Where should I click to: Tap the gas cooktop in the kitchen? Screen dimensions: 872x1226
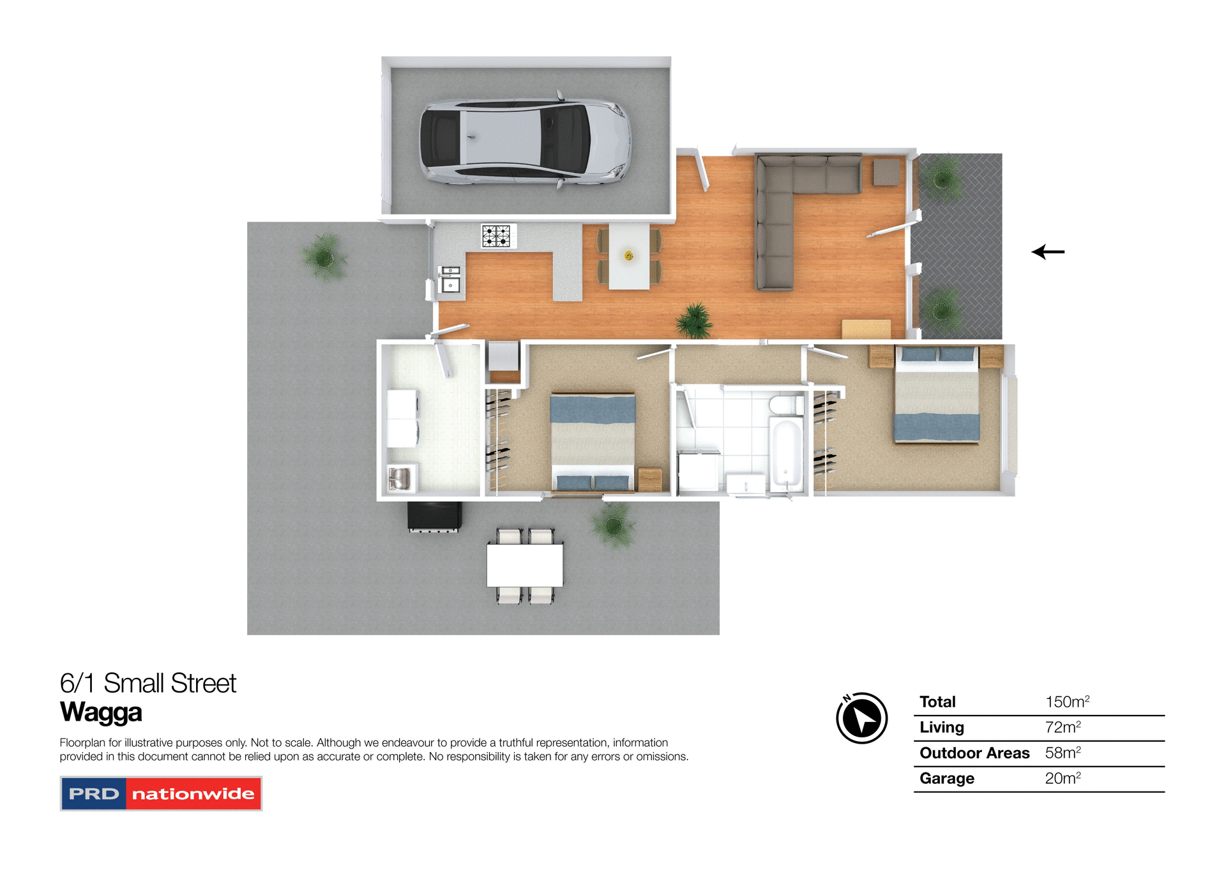click(x=497, y=236)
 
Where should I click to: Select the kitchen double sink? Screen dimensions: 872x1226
click(x=450, y=279)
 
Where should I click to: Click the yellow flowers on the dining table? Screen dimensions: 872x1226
click(x=629, y=256)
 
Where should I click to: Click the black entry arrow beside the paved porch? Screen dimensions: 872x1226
click(x=1048, y=252)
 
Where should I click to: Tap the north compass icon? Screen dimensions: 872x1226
click(x=862, y=718)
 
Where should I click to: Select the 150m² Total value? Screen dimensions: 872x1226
click(x=1067, y=702)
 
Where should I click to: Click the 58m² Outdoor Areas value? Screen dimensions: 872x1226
click(x=1063, y=753)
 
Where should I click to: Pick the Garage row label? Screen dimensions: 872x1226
click(x=947, y=779)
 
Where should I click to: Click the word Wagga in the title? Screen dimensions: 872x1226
click(x=101, y=712)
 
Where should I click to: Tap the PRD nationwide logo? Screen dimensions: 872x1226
click(x=161, y=793)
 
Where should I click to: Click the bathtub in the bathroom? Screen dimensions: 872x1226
click(x=786, y=455)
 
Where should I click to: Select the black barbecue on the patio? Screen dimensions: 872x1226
click(x=435, y=516)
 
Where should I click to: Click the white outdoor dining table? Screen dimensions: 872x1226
click(x=525, y=565)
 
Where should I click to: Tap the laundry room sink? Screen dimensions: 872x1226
click(x=400, y=478)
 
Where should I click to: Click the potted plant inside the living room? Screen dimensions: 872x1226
click(x=694, y=320)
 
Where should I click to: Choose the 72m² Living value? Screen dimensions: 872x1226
click(x=1063, y=728)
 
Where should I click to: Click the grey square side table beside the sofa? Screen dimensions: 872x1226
click(x=886, y=172)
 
